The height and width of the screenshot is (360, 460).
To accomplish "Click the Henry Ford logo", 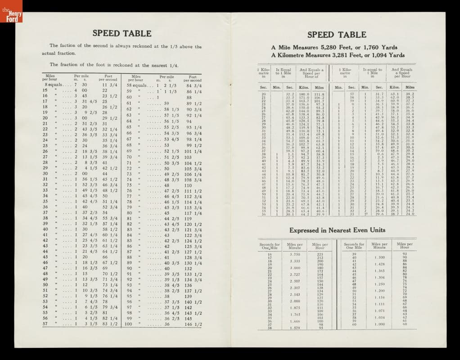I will pos(11,15).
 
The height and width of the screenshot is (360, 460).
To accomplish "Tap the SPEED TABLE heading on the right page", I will pos(337,35).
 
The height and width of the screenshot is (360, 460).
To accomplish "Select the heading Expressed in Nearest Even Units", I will pos(337,230).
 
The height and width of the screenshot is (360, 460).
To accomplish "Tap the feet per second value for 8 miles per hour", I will pos(110,85).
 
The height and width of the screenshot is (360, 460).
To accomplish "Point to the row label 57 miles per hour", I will pos(45,324).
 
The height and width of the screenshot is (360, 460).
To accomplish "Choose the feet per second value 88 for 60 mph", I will pos(189,97).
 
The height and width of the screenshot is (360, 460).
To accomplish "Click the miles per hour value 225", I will pos(320,254).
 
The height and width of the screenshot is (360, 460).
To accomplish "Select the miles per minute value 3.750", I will pos(294,254).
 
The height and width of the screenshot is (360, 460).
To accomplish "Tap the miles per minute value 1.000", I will pos(379,324).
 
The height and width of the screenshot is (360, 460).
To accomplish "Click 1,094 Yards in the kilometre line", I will pos(386,55).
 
